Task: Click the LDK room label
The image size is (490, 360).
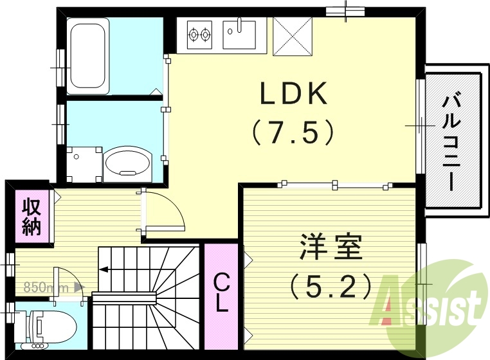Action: [x=294, y=94]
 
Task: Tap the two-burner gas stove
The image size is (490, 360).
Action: [x=199, y=33]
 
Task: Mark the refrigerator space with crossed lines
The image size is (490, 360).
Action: [x=292, y=35]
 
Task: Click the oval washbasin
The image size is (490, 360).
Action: [x=127, y=163]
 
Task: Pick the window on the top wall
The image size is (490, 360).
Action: [x=346, y=11]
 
